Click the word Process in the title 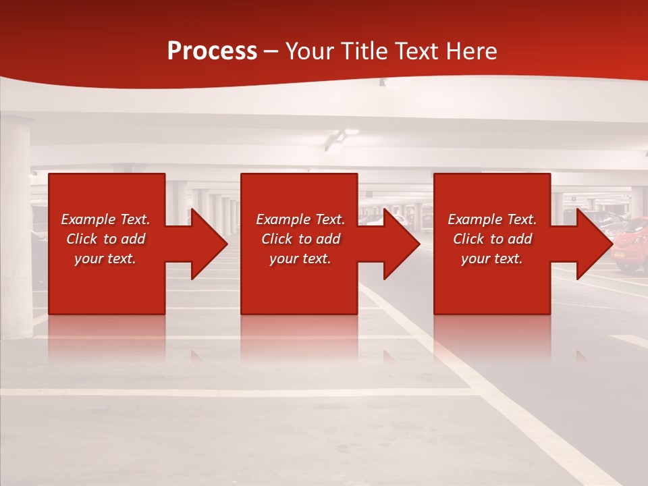coord(212,51)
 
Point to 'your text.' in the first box coord(105,259)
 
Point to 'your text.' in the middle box coord(300,259)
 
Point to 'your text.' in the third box coord(492,259)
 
